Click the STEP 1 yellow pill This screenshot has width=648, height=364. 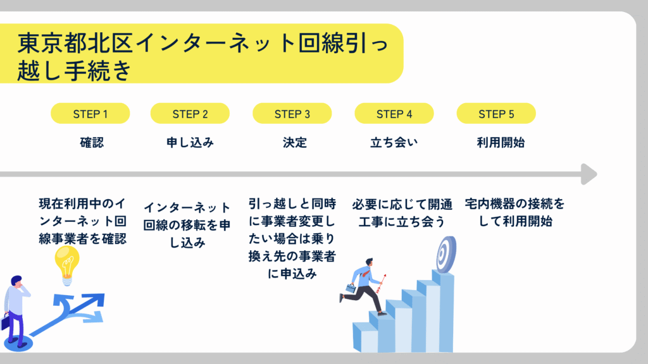(x=90, y=114)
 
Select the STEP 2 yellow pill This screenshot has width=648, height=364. (x=190, y=114)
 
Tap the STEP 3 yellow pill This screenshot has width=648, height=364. (x=292, y=114)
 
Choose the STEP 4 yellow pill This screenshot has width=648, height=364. (x=394, y=114)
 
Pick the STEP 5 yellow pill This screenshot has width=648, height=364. (x=496, y=114)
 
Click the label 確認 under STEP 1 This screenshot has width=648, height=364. (x=92, y=143)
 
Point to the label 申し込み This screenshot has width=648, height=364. (x=190, y=143)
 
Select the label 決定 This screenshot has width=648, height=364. (x=295, y=143)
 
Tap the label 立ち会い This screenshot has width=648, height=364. (x=394, y=143)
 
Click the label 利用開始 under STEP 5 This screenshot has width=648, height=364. (x=501, y=143)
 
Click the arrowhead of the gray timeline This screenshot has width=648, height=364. (x=589, y=174)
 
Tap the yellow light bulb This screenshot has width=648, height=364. (x=67, y=265)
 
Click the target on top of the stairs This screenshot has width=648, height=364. (x=446, y=254)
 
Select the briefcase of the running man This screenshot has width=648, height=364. (x=351, y=288)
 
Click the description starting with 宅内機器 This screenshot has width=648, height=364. (x=515, y=212)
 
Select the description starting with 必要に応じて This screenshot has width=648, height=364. (x=402, y=213)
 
